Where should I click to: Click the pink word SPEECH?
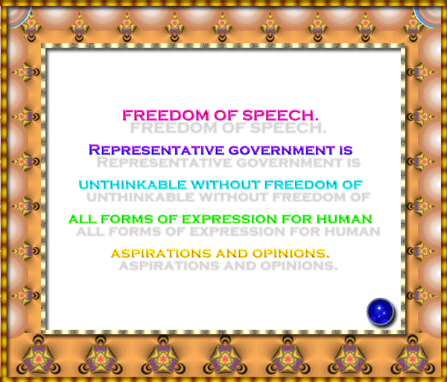[x=281, y=116]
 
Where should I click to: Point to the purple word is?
[x=346, y=150]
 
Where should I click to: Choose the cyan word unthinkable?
[x=133, y=185]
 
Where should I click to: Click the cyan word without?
[x=226, y=185]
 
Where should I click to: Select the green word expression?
[x=229, y=219]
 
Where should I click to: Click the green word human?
[x=344, y=219]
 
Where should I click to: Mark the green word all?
[x=83, y=219]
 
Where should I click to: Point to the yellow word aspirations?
[x=161, y=253]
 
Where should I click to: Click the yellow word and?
[x=232, y=253]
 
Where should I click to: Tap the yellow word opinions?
[x=291, y=253]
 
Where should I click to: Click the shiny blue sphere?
[x=380, y=312]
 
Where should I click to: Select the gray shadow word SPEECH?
[x=288, y=128]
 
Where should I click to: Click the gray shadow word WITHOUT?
[x=233, y=197]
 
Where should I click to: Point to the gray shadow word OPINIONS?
[x=299, y=266]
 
